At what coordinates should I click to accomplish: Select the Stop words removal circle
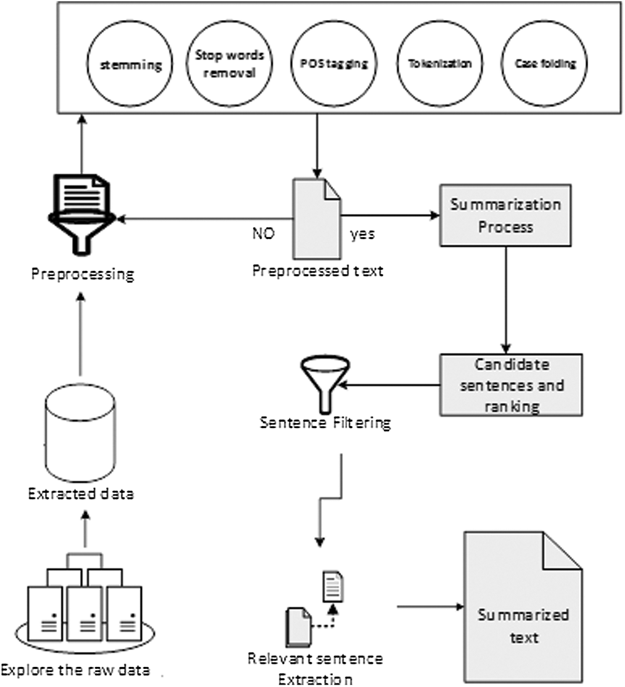(226, 64)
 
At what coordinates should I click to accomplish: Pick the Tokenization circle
(431, 64)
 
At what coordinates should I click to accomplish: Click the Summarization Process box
(505, 216)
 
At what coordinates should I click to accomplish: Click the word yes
(362, 235)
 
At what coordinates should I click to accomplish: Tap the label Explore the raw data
(76, 671)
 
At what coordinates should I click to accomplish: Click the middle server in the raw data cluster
(83, 611)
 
